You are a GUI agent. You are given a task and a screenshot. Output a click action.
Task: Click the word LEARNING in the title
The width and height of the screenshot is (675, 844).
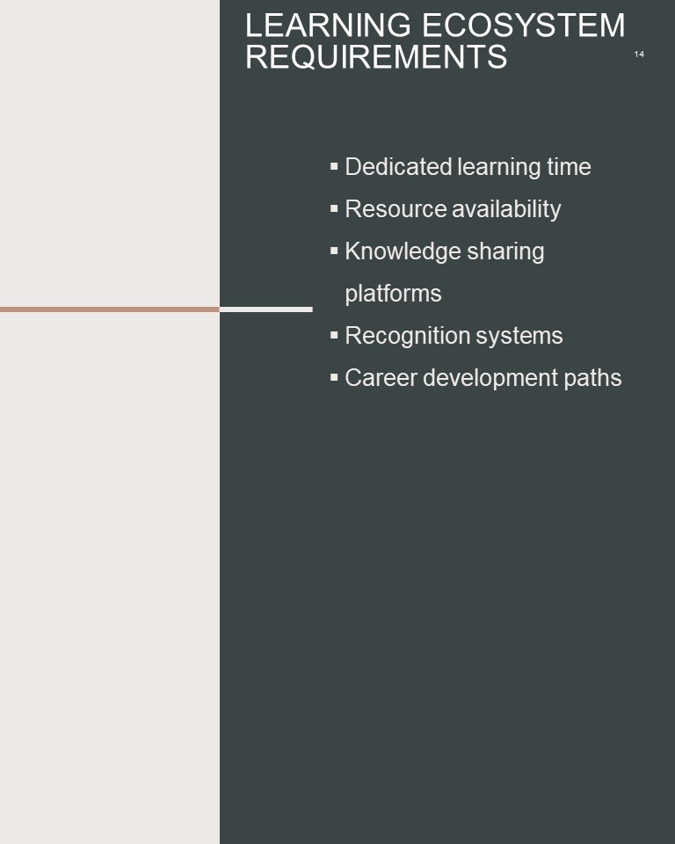[329, 25]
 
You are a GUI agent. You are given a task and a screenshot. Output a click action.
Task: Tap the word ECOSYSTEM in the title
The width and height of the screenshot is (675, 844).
[524, 25]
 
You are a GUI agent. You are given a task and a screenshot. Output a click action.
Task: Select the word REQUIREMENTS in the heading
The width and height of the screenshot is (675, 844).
[376, 56]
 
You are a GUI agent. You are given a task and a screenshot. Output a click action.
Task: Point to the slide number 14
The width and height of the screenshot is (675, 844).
[639, 54]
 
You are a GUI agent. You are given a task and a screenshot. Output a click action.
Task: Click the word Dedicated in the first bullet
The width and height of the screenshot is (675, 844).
[398, 166]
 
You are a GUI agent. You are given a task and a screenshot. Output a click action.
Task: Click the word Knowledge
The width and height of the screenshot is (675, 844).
[403, 251]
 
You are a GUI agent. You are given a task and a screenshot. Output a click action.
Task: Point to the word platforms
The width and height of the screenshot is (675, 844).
[393, 294]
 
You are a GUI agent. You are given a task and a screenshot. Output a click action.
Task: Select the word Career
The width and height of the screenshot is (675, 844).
[381, 378]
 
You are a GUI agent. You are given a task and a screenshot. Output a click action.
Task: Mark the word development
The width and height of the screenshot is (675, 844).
[490, 378]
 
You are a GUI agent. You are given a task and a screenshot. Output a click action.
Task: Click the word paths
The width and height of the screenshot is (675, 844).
[592, 378]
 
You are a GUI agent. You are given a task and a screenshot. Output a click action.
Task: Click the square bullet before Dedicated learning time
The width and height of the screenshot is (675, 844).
[334, 166]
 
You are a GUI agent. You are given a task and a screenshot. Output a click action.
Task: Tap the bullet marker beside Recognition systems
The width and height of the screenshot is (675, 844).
[334, 335]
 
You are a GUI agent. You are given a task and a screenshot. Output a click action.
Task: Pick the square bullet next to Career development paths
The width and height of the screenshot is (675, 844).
[334, 377]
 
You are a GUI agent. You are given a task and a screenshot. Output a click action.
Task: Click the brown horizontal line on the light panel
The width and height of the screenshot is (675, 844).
[110, 309]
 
